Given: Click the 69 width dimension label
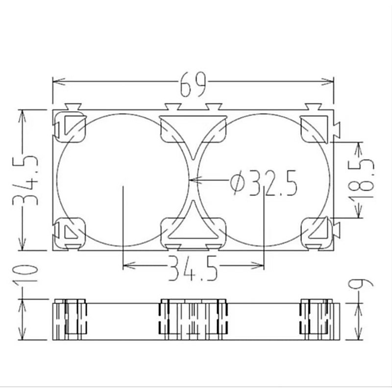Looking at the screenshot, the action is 193,84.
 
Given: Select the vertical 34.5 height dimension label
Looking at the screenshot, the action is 25,180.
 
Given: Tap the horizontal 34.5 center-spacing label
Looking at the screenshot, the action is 192,268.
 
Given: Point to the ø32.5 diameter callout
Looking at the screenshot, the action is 264,183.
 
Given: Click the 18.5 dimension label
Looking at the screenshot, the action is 362,180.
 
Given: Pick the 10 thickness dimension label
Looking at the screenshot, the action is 25,274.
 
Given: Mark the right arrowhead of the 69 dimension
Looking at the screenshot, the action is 328,81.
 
